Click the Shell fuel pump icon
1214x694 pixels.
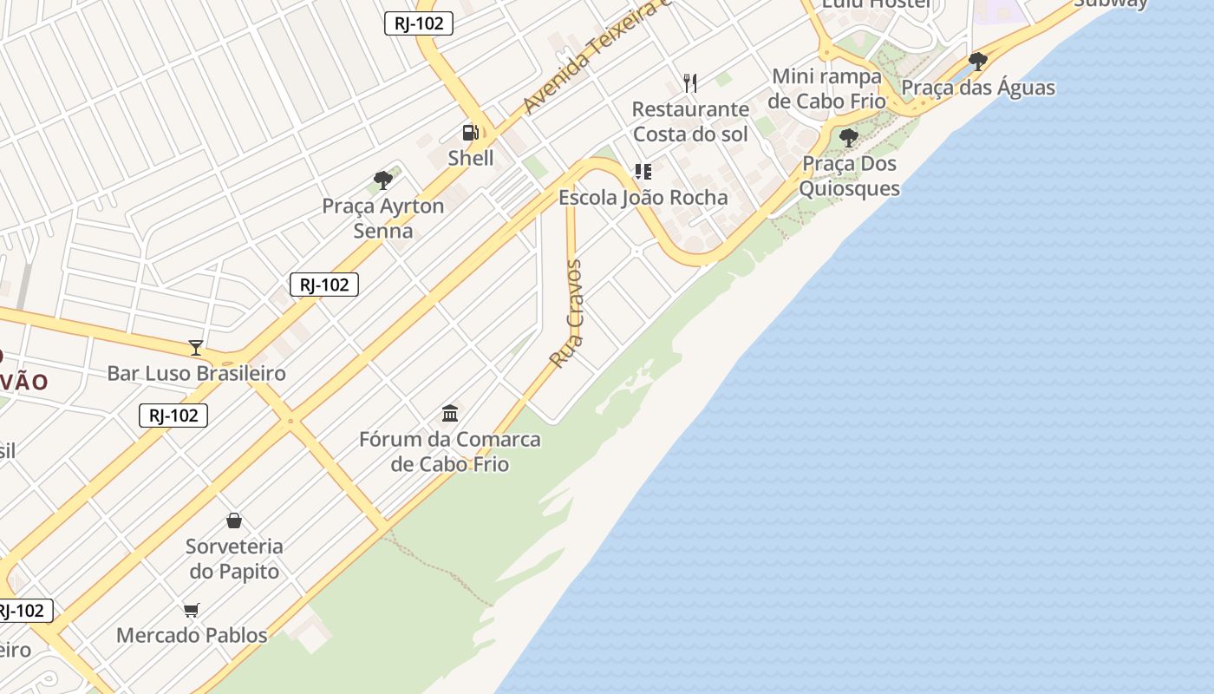point(470,133)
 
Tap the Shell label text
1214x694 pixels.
point(471,158)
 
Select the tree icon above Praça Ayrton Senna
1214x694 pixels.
point(383,180)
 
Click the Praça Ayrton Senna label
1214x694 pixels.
point(383,219)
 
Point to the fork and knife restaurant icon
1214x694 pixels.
point(690,83)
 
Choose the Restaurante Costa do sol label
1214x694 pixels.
point(690,121)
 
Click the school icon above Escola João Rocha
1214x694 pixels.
point(643,172)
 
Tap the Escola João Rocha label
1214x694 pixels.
point(643,198)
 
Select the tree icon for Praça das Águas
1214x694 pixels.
point(978,62)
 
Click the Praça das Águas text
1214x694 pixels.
point(978,88)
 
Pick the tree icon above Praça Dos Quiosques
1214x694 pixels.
point(849,138)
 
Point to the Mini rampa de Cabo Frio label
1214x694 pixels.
point(826,88)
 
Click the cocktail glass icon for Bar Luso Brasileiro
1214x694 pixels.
point(196,348)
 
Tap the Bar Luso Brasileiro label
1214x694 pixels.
point(196,374)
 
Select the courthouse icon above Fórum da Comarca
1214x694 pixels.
point(450,413)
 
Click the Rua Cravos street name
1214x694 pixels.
point(567,313)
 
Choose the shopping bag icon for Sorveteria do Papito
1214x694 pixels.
point(234,520)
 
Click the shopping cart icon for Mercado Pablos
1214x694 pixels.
point(192,610)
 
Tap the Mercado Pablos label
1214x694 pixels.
point(192,635)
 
